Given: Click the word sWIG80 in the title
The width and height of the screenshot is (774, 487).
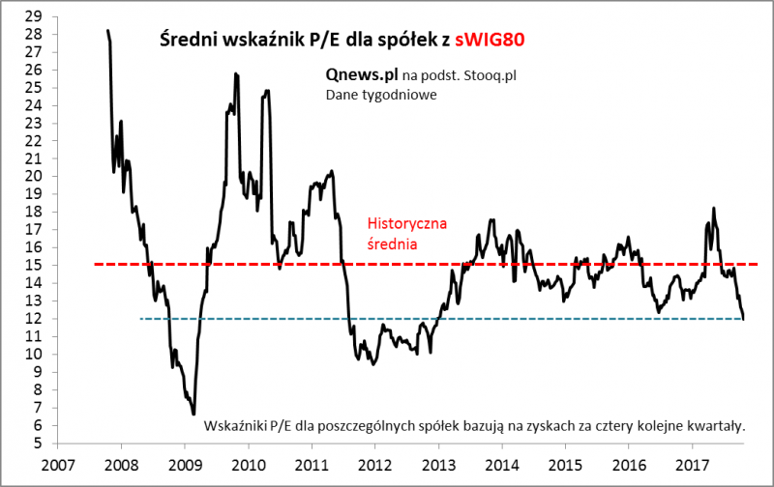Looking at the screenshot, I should click(491, 41).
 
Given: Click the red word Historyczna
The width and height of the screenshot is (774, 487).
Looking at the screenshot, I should click(406, 224).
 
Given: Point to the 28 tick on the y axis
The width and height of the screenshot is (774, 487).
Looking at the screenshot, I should click(33, 34).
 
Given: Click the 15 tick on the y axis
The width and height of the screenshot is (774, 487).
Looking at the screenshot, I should click(33, 265).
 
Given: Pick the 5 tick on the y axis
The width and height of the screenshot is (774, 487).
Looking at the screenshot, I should click(37, 444).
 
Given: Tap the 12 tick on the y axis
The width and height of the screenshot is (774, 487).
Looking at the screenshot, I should click(33, 319).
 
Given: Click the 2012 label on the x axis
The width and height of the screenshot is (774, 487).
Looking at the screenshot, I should click(375, 463).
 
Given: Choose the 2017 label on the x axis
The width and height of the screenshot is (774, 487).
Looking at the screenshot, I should click(693, 463).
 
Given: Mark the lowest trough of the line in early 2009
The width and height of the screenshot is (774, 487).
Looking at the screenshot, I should click(193, 414).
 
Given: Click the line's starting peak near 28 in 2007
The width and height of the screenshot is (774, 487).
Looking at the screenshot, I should click(107, 31).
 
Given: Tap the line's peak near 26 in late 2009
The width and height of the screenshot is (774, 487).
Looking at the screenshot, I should click(235, 73).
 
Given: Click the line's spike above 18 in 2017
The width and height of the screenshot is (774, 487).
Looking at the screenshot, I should click(713, 208).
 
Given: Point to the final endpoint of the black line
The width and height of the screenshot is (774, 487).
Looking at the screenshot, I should click(744, 319).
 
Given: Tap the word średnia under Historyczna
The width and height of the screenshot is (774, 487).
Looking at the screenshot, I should click(393, 244).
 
